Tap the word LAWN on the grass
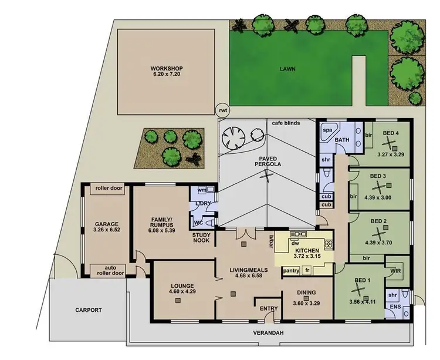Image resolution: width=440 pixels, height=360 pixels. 287,69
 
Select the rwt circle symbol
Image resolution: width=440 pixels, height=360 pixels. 222,110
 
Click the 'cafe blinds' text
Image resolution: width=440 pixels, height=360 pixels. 286,123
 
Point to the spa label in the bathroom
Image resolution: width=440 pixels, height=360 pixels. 328,129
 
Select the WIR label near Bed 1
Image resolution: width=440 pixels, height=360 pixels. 395,271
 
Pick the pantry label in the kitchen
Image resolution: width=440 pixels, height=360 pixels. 291,271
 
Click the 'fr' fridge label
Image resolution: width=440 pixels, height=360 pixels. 307,271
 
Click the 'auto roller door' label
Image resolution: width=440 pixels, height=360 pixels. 107,270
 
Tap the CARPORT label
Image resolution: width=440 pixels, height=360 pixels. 88,309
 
